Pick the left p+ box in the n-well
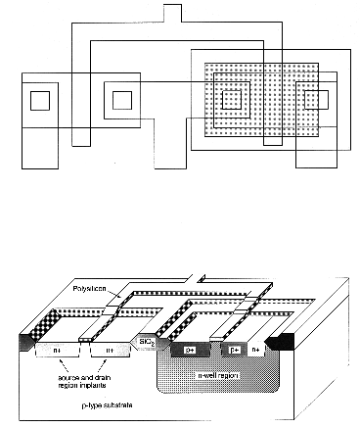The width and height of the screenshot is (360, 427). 189,349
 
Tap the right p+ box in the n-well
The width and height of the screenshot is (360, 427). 235,349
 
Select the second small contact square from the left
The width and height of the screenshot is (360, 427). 123,99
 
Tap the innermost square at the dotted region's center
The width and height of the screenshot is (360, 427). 231,98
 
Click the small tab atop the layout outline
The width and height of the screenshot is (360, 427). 173,12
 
